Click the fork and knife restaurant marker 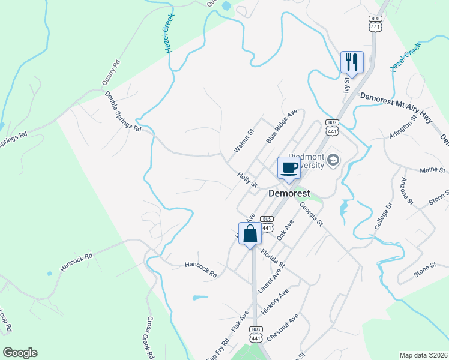(x=352, y=62)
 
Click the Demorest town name (x=289, y=194)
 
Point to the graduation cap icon (x=333, y=160)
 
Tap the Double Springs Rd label (x=123, y=112)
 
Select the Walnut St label (x=244, y=140)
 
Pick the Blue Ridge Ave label (x=282, y=126)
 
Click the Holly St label (x=247, y=179)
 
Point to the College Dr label (x=383, y=217)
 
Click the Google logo (x=20, y=353)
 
